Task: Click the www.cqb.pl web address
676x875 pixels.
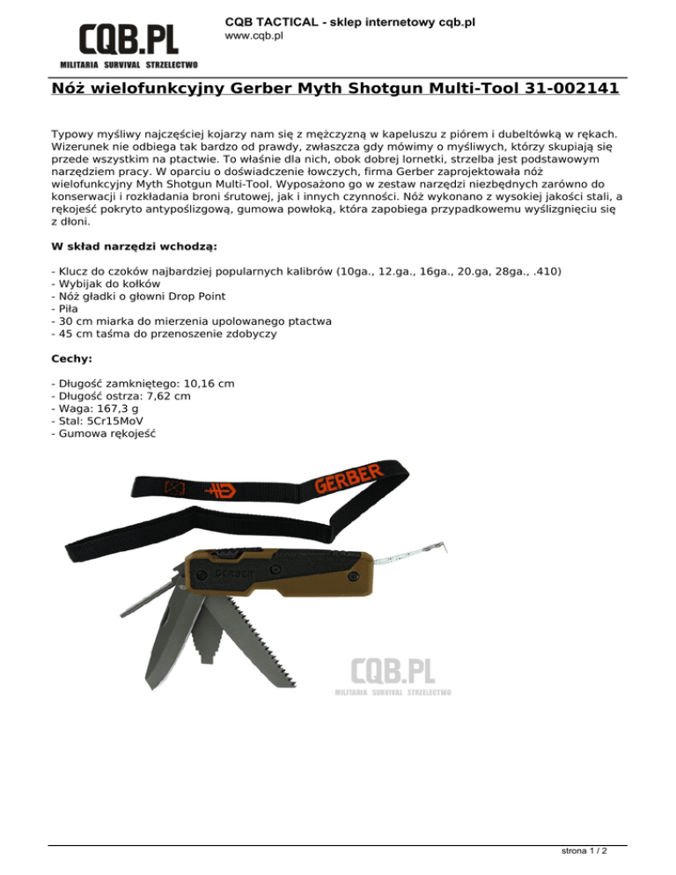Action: pyautogui.click(x=254, y=36)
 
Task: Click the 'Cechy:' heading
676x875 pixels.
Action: pyautogui.click(x=73, y=359)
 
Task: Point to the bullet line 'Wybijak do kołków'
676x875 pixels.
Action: pyautogui.click(x=106, y=283)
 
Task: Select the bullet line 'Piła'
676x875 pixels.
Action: pyautogui.click(x=67, y=309)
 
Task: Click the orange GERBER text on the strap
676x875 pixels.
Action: pyautogui.click(x=349, y=481)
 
